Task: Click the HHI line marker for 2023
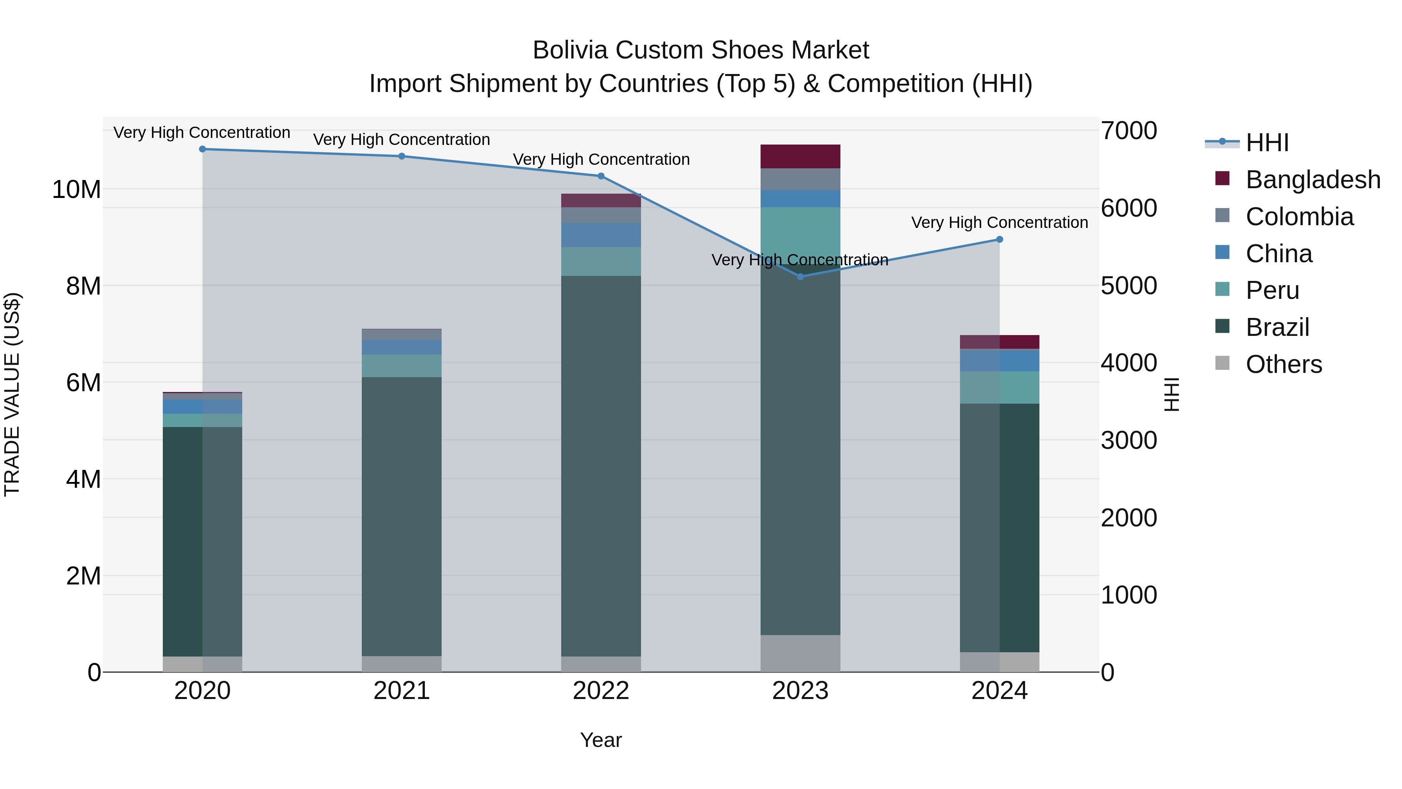800,277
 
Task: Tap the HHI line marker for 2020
203,149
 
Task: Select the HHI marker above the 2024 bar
999,239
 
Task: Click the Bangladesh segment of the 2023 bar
800,156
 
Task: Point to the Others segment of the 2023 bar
800,653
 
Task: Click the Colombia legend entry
1299,217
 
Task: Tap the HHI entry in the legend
1267,143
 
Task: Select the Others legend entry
1283,364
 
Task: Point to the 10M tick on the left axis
76,189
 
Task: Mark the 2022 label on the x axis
601,691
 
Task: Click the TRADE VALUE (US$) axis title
12,394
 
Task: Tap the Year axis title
601,740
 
